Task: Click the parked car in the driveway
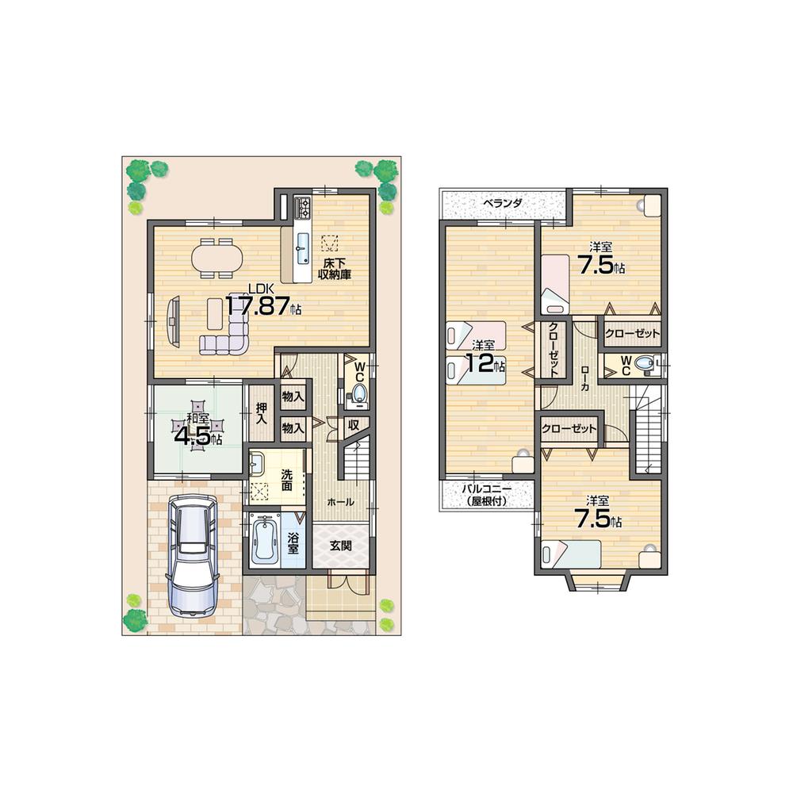point(190,555)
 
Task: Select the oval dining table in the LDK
point(216,259)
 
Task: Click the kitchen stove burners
point(304,209)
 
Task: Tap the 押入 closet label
point(262,414)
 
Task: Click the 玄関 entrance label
point(341,546)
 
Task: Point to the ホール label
point(340,502)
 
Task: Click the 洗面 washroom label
point(286,481)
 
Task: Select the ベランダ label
point(504,203)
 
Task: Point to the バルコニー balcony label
point(485,495)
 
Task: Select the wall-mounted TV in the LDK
point(173,321)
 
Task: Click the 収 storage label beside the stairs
point(354,425)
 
